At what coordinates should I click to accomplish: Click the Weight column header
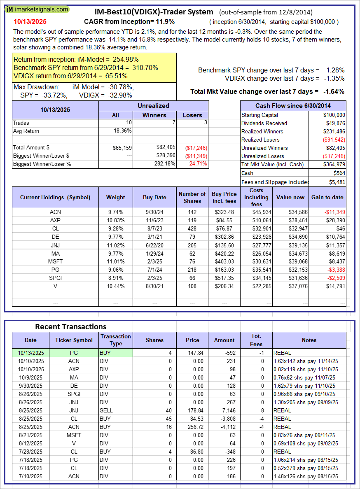[x=115, y=197]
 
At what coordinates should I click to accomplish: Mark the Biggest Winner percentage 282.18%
[x=164, y=164]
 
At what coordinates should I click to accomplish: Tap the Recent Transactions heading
[x=70, y=326]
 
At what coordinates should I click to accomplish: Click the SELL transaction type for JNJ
[x=106, y=410]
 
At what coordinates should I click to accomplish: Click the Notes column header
[x=309, y=340]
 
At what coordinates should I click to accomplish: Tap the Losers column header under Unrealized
[x=192, y=115]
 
